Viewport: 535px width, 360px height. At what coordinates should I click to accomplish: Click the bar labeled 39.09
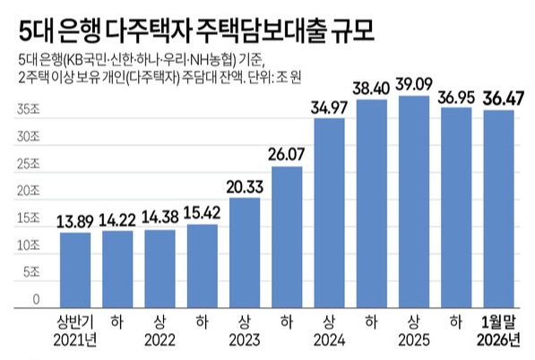414,201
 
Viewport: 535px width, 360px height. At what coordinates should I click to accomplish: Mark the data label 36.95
456,95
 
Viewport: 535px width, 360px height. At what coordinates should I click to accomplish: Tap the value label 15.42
202,212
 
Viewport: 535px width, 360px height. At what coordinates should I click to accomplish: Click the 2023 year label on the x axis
244,339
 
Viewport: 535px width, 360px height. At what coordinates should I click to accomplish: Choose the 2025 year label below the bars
414,339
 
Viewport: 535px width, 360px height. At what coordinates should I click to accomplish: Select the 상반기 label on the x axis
74,321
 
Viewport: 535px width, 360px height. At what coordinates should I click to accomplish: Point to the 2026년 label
498,339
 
